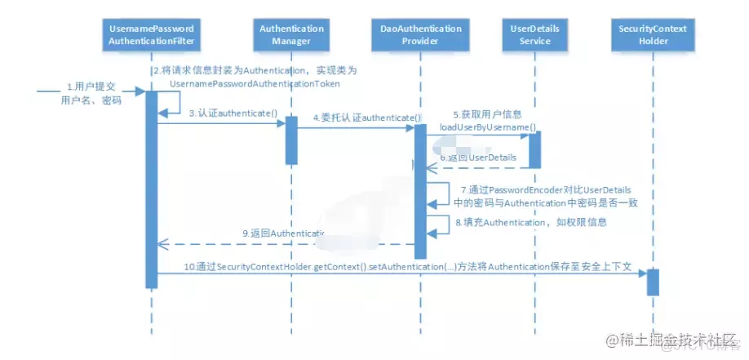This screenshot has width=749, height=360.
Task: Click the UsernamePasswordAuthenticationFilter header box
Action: tap(152, 34)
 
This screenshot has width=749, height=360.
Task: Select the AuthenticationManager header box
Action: tap(291, 34)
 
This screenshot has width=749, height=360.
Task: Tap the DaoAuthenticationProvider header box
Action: tap(421, 34)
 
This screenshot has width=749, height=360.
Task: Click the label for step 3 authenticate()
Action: tap(222, 113)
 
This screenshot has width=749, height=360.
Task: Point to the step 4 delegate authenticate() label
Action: tap(366, 118)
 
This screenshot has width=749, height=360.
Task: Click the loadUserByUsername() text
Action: tap(489, 127)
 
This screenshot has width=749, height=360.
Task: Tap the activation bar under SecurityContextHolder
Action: tap(652, 282)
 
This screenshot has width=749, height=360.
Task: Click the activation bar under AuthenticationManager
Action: tap(291, 140)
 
